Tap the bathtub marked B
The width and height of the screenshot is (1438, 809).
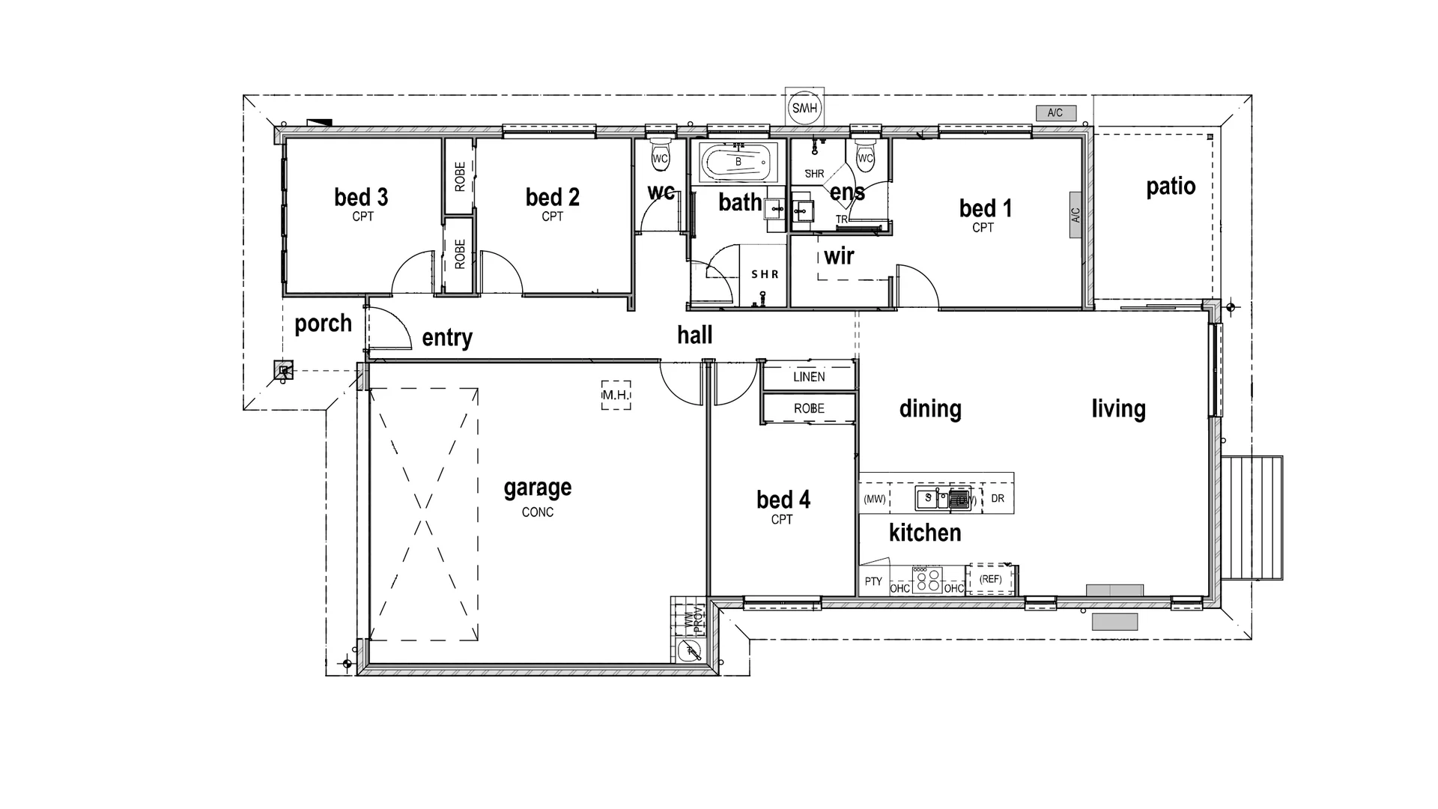738,162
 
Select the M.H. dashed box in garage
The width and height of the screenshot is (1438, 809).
616,395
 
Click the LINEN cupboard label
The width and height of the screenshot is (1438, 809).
809,377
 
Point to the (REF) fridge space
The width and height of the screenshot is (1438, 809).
990,579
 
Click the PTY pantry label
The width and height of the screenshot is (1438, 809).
873,581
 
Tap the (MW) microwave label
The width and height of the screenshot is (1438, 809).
874,499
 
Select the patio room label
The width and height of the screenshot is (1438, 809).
1170,187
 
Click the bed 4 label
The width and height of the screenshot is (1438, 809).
783,500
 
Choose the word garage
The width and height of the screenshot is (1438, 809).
537,488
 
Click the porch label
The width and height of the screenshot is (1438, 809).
323,324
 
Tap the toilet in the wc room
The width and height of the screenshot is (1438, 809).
660,154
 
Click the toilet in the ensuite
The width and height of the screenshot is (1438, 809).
865,154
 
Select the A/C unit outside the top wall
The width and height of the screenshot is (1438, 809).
1055,113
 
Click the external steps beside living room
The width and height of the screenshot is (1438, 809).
1252,518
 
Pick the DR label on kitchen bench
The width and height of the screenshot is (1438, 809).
998,499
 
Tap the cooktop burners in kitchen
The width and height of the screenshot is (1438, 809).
927,580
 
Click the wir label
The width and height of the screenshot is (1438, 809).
839,257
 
